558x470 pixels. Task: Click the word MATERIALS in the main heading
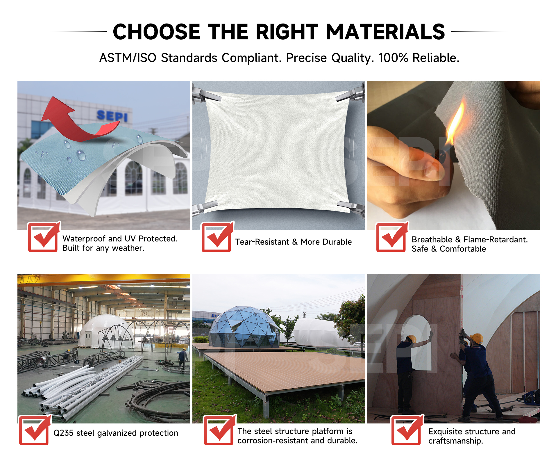(385, 32)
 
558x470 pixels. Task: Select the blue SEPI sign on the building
(112, 116)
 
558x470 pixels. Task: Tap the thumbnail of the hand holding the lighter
(454, 156)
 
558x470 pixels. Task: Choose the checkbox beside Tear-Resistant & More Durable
(217, 237)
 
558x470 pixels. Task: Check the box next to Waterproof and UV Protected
(44, 237)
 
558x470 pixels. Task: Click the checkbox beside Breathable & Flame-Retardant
(392, 237)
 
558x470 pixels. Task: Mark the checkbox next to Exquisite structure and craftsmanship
(407, 430)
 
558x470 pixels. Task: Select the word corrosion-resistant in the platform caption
(273, 441)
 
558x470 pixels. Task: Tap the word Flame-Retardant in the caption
(496, 240)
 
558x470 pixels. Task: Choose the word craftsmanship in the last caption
(455, 441)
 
